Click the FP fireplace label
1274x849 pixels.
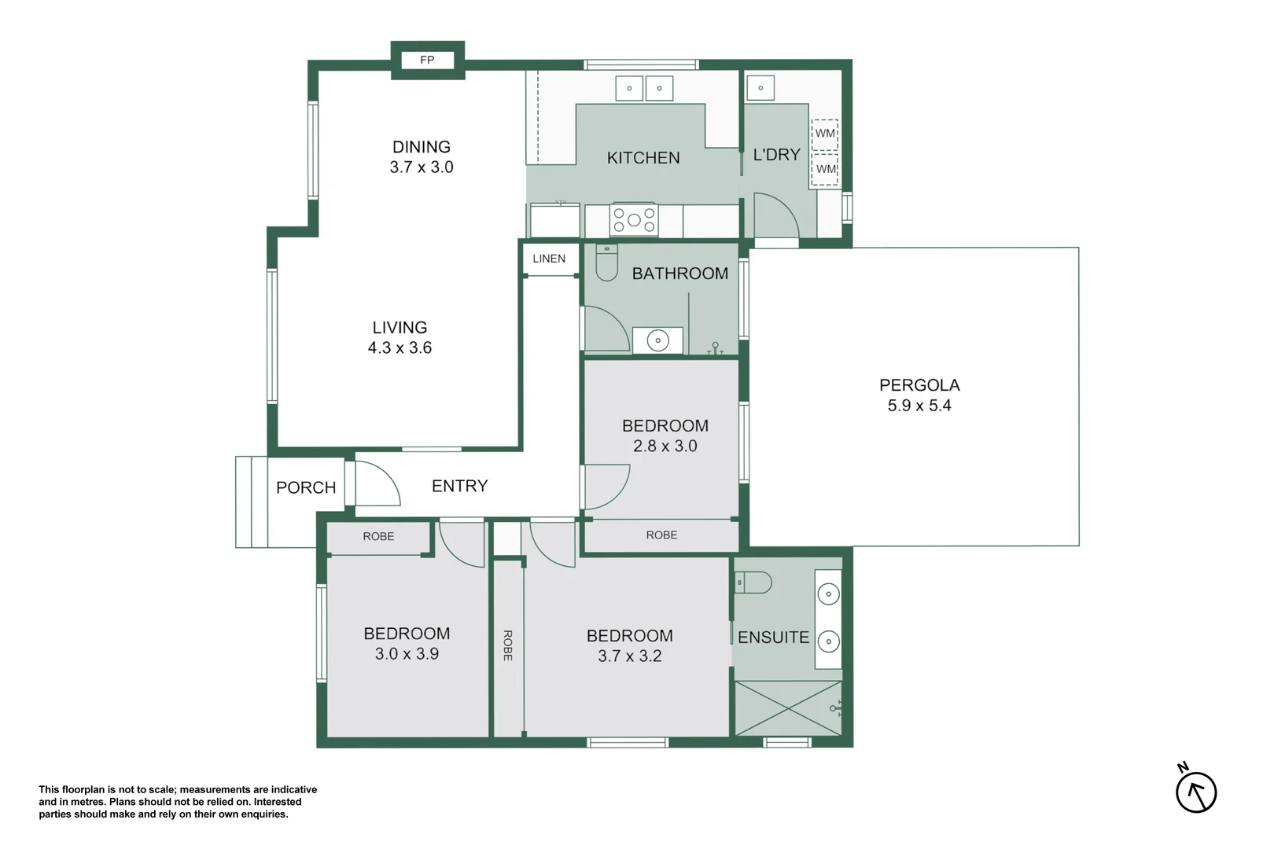coord(427,60)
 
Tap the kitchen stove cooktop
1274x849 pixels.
coord(634,220)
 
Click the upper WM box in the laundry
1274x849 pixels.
coord(825,134)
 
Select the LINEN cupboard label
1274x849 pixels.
coord(549,259)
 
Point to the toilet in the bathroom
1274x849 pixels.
coord(606,263)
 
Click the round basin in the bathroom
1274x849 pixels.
coord(657,340)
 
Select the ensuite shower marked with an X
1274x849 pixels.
coord(787,708)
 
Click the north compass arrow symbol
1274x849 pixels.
coord(1196,792)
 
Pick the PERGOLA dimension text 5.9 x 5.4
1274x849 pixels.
coord(919,406)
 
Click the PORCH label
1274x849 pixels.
coord(306,487)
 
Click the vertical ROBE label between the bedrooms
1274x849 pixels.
coord(508,645)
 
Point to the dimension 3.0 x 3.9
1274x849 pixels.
coord(407,654)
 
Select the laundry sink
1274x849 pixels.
coord(760,88)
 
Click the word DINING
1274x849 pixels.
coord(422,147)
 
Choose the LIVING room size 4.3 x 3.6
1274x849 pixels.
coord(400,348)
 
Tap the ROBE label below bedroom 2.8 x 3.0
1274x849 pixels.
coord(661,535)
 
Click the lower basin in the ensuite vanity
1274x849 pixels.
coord(828,641)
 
